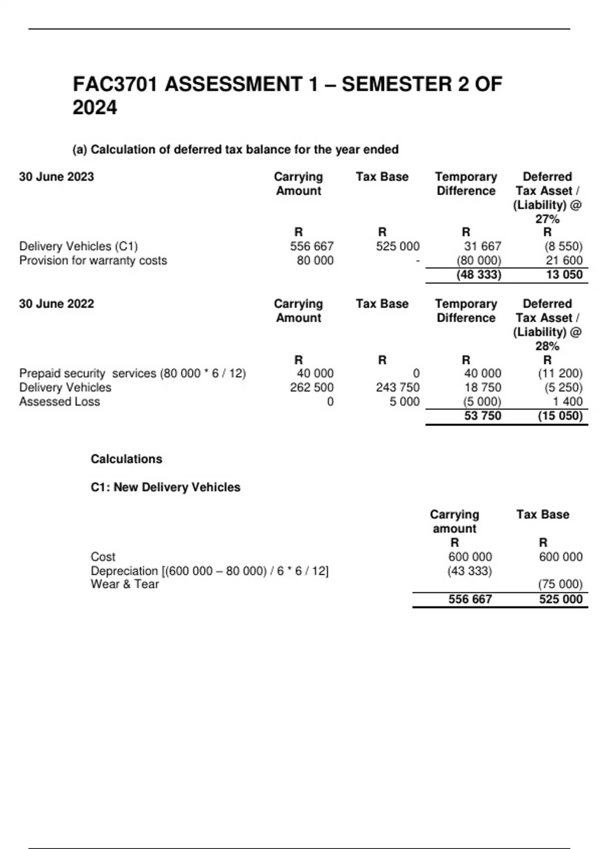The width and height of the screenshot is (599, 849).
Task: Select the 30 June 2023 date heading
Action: tap(56, 177)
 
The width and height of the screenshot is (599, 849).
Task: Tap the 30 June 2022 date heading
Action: tap(56, 304)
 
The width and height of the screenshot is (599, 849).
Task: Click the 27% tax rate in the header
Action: tap(547, 219)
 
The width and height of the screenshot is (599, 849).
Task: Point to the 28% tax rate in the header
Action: tap(547, 346)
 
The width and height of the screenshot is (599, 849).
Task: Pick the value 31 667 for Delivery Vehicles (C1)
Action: tap(482, 246)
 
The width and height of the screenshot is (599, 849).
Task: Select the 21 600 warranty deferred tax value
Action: tap(564, 260)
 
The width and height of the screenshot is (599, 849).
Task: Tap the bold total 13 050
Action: tap(564, 275)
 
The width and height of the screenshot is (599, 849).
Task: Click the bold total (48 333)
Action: tap(479, 275)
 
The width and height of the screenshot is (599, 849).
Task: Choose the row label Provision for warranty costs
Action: tap(93, 260)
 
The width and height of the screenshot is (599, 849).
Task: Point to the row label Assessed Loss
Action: tap(59, 402)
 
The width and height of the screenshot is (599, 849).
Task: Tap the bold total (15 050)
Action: tap(560, 416)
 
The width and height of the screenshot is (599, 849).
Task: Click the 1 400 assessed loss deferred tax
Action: tap(569, 402)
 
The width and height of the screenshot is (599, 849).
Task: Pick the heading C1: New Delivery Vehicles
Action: tap(165, 487)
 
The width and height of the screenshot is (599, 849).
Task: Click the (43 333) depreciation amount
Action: tap(469, 571)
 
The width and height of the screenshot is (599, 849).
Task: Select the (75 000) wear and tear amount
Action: tap(560, 584)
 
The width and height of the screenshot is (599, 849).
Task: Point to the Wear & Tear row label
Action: tap(125, 584)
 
